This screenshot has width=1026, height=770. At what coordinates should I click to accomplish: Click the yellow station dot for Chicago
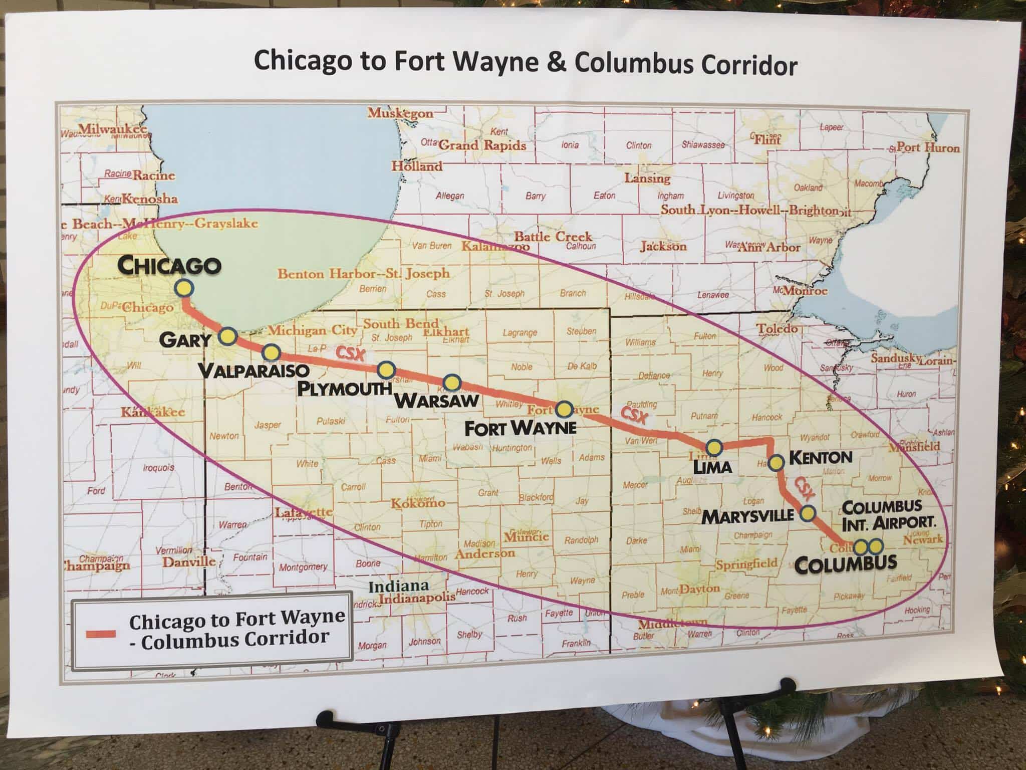pyautogui.click(x=184, y=288)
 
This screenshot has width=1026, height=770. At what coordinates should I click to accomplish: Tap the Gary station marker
pyautogui.click(x=228, y=336)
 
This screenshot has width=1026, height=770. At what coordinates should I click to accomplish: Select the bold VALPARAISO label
pyautogui.click(x=253, y=371)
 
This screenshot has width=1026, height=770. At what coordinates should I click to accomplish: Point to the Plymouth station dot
pyautogui.click(x=386, y=370)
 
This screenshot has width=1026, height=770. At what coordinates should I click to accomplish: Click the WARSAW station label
pyautogui.click(x=437, y=401)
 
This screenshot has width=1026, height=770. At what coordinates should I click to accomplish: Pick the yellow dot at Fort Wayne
pyautogui.click(x=565, y=410)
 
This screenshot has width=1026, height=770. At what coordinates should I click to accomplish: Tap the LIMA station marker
pyautogui.click(x=713, y=447)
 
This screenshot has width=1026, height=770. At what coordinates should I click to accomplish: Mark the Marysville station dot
pyautogui.click(x=808, y=513)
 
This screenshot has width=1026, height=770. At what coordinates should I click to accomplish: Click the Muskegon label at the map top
pyautogui.click(x=400, y=113)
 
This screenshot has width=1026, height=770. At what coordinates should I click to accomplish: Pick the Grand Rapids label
pyautogui.click(x=482, y=145)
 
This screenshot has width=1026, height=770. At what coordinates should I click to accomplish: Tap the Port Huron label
pyautogui.click(x=927, y=147)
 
